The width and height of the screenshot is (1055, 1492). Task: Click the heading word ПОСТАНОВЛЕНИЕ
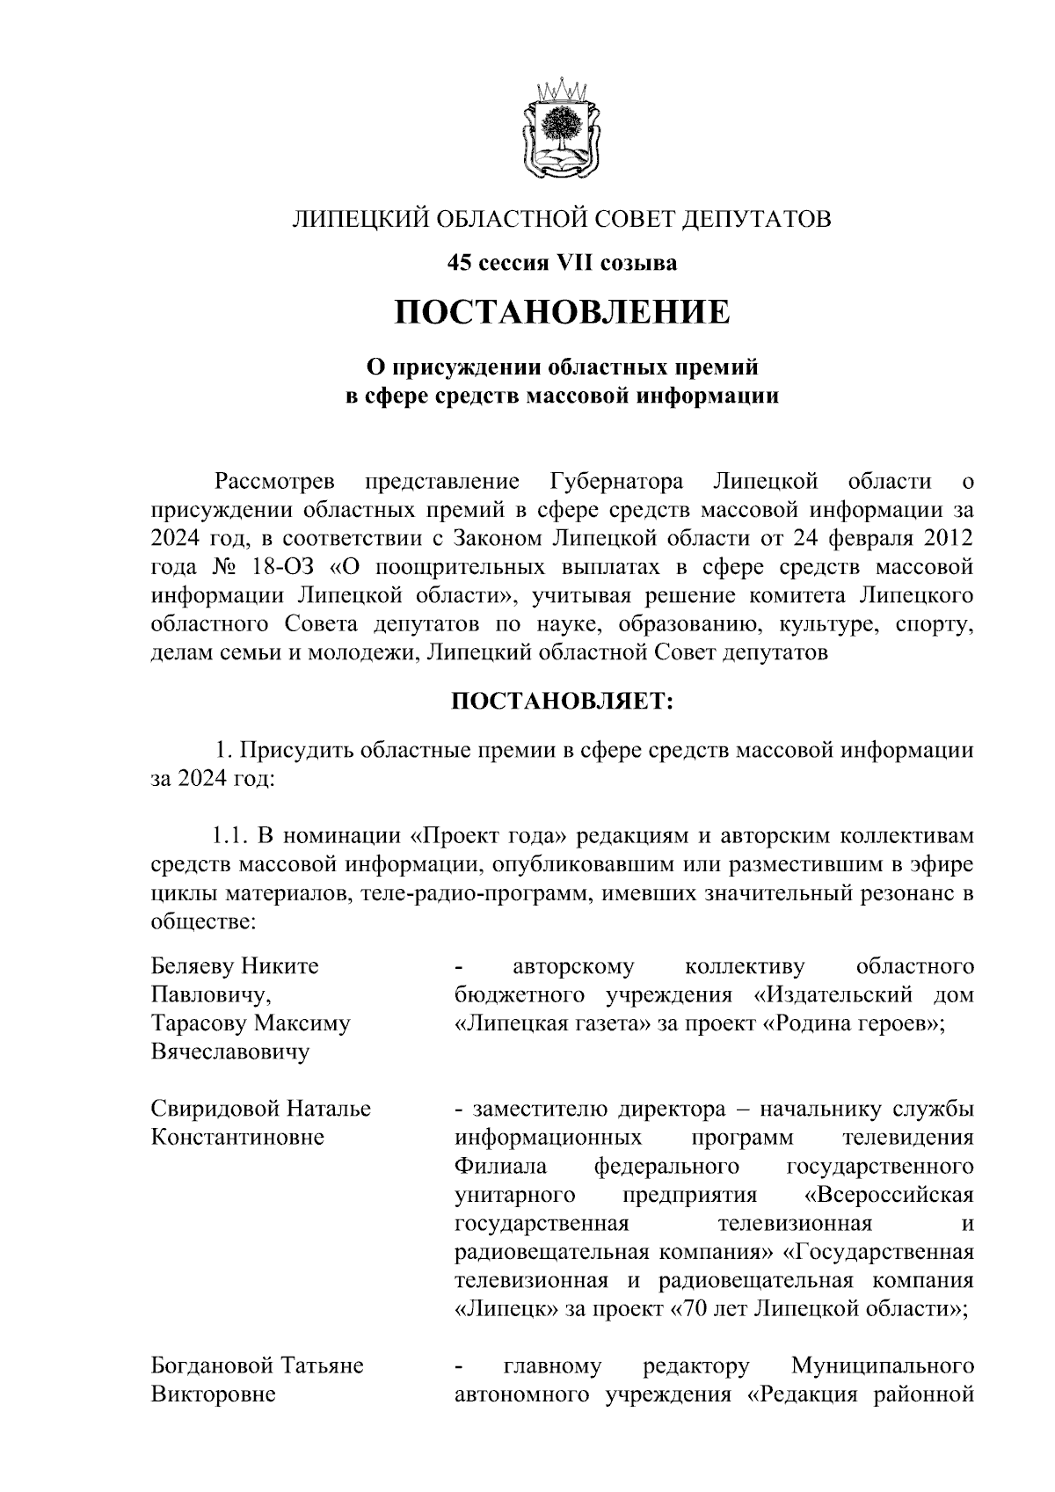561,312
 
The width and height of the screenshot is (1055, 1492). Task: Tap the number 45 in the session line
459,263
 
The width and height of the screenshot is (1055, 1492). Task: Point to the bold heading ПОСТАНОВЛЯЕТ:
561,701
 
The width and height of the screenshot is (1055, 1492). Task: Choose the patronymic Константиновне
237,1138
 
